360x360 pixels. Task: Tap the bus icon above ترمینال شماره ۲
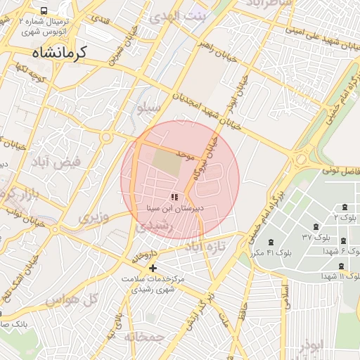(44, 11)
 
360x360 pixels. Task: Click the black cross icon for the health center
(153, 268)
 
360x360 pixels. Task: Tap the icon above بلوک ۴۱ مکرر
(271, 242)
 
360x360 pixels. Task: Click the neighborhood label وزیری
(94, 218)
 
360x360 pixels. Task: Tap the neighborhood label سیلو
(149, 108)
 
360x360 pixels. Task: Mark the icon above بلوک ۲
(345, 207)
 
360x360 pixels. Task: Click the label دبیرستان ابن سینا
(175, 209)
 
